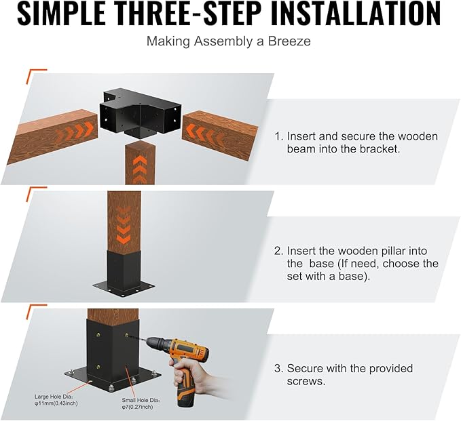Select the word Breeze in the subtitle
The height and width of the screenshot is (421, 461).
point(289,41)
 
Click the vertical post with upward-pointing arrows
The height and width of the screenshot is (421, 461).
point(141,163)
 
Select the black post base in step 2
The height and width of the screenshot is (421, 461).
point(124,274)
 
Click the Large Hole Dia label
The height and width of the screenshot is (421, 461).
point(56,400)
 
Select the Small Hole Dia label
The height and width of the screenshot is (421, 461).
point(141,403)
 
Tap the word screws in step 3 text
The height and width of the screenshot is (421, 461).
point(306,382)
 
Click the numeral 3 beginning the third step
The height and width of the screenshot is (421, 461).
point(278,368)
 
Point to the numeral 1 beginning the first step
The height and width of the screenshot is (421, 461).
point(278,136)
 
